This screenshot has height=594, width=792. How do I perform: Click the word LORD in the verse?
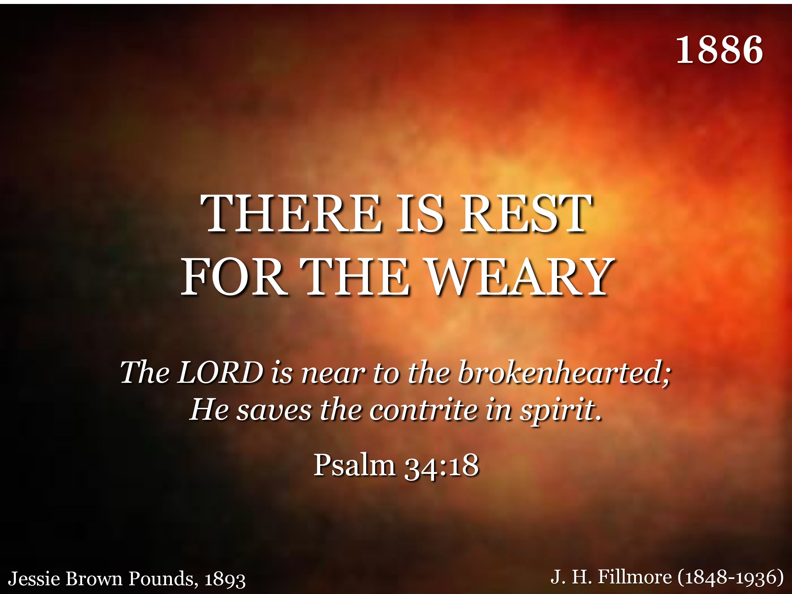[220, 372]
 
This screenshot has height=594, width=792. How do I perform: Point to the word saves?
[274, 411]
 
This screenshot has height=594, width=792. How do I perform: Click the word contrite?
[423, 410]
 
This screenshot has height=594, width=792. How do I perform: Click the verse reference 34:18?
[441, 466]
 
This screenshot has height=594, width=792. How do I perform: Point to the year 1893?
[225, 579]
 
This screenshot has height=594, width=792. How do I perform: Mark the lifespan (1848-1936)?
[731, 577]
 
